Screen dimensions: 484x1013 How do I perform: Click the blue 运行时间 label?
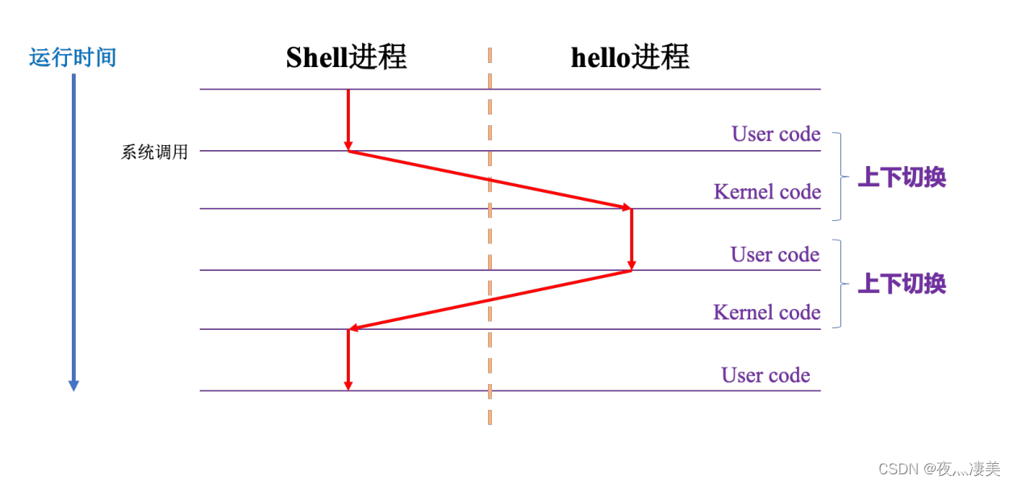tap(73, 58)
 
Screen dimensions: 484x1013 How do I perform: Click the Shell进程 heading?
tap(346, 57)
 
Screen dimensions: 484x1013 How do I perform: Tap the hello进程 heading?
tap(630, 57)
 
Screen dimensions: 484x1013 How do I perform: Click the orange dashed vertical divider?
tap(490, 242)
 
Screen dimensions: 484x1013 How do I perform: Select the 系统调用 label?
tap(154, 152)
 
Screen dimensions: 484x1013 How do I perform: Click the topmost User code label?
tap(776, 134)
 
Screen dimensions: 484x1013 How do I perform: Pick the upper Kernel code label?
tap(767, 192)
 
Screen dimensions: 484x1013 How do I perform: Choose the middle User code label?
tap(775, 255)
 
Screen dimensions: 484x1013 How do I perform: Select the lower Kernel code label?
tap(767, 312)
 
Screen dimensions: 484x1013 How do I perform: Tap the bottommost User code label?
tap(765, 375)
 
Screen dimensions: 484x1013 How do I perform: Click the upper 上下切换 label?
tap(901, 177)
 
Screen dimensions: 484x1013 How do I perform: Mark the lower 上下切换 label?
tap(901, 284)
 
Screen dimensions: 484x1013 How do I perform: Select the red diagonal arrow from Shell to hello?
tap(490, 180)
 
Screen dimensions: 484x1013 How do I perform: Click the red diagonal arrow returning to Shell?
tap(490, 300)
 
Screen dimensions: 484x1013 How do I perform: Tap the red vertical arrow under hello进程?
tap(632, 239)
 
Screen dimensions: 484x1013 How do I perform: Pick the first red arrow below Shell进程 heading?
tap(348, 119)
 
